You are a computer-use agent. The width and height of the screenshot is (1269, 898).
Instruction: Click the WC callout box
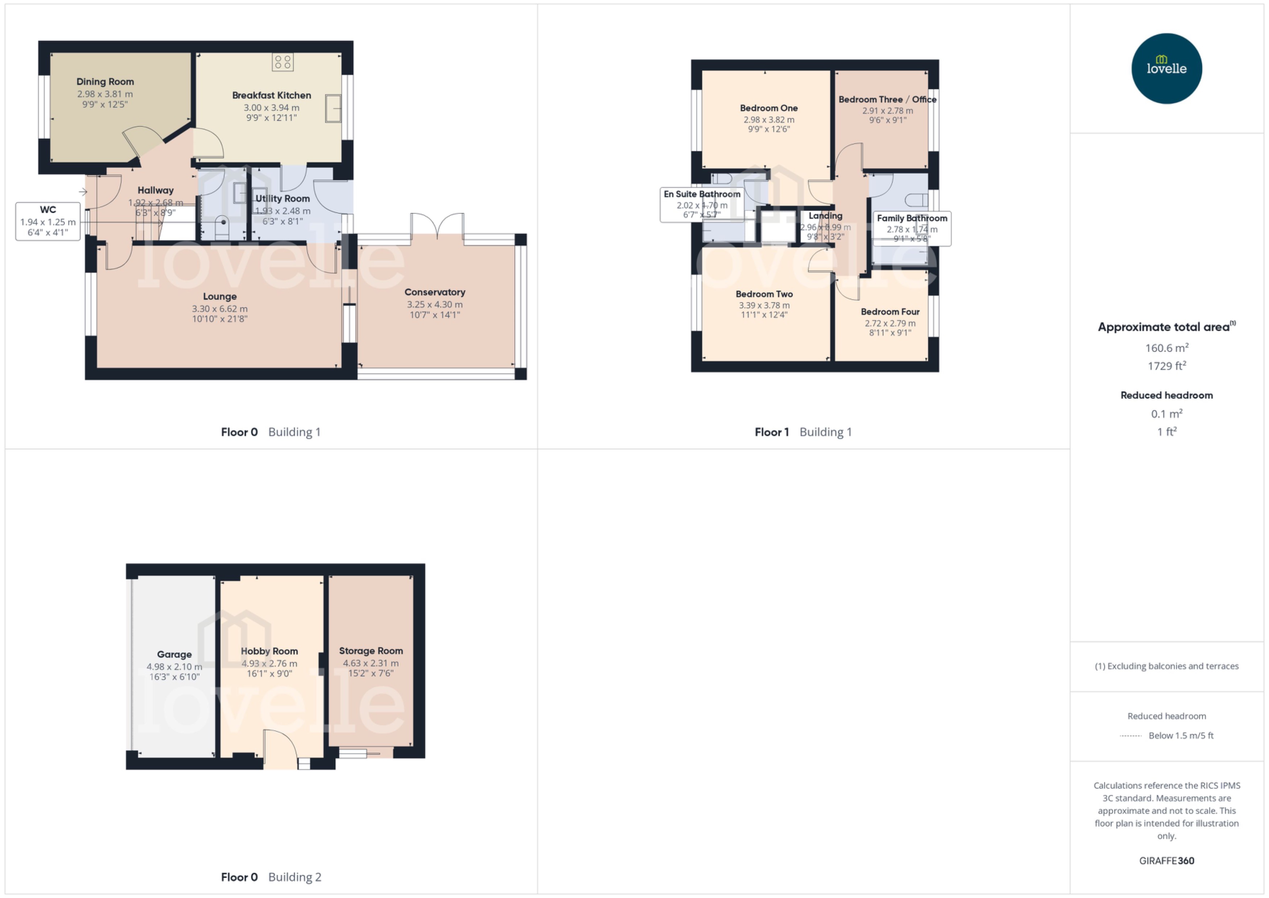click(48, 221)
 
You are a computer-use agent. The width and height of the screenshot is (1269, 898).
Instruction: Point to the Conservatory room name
click(435, 292)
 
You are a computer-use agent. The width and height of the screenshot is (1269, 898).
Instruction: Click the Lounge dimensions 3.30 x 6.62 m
click(219, 309)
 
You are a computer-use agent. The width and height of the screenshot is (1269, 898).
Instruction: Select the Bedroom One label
click(769, 108)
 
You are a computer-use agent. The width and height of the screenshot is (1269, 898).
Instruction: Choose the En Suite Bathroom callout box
click(702, 204)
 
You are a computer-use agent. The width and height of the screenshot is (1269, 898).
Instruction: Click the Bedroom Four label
click(890, 312)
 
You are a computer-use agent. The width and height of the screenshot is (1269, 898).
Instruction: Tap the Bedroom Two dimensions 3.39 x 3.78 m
click(764, 305)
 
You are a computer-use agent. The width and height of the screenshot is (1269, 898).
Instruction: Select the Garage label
click(174, 654)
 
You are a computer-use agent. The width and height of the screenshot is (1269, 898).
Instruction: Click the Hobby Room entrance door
click(280, 749)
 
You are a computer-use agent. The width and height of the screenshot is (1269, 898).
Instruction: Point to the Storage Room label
click(371, 651)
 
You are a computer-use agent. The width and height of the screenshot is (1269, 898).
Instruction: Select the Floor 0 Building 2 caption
click(271, 877)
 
